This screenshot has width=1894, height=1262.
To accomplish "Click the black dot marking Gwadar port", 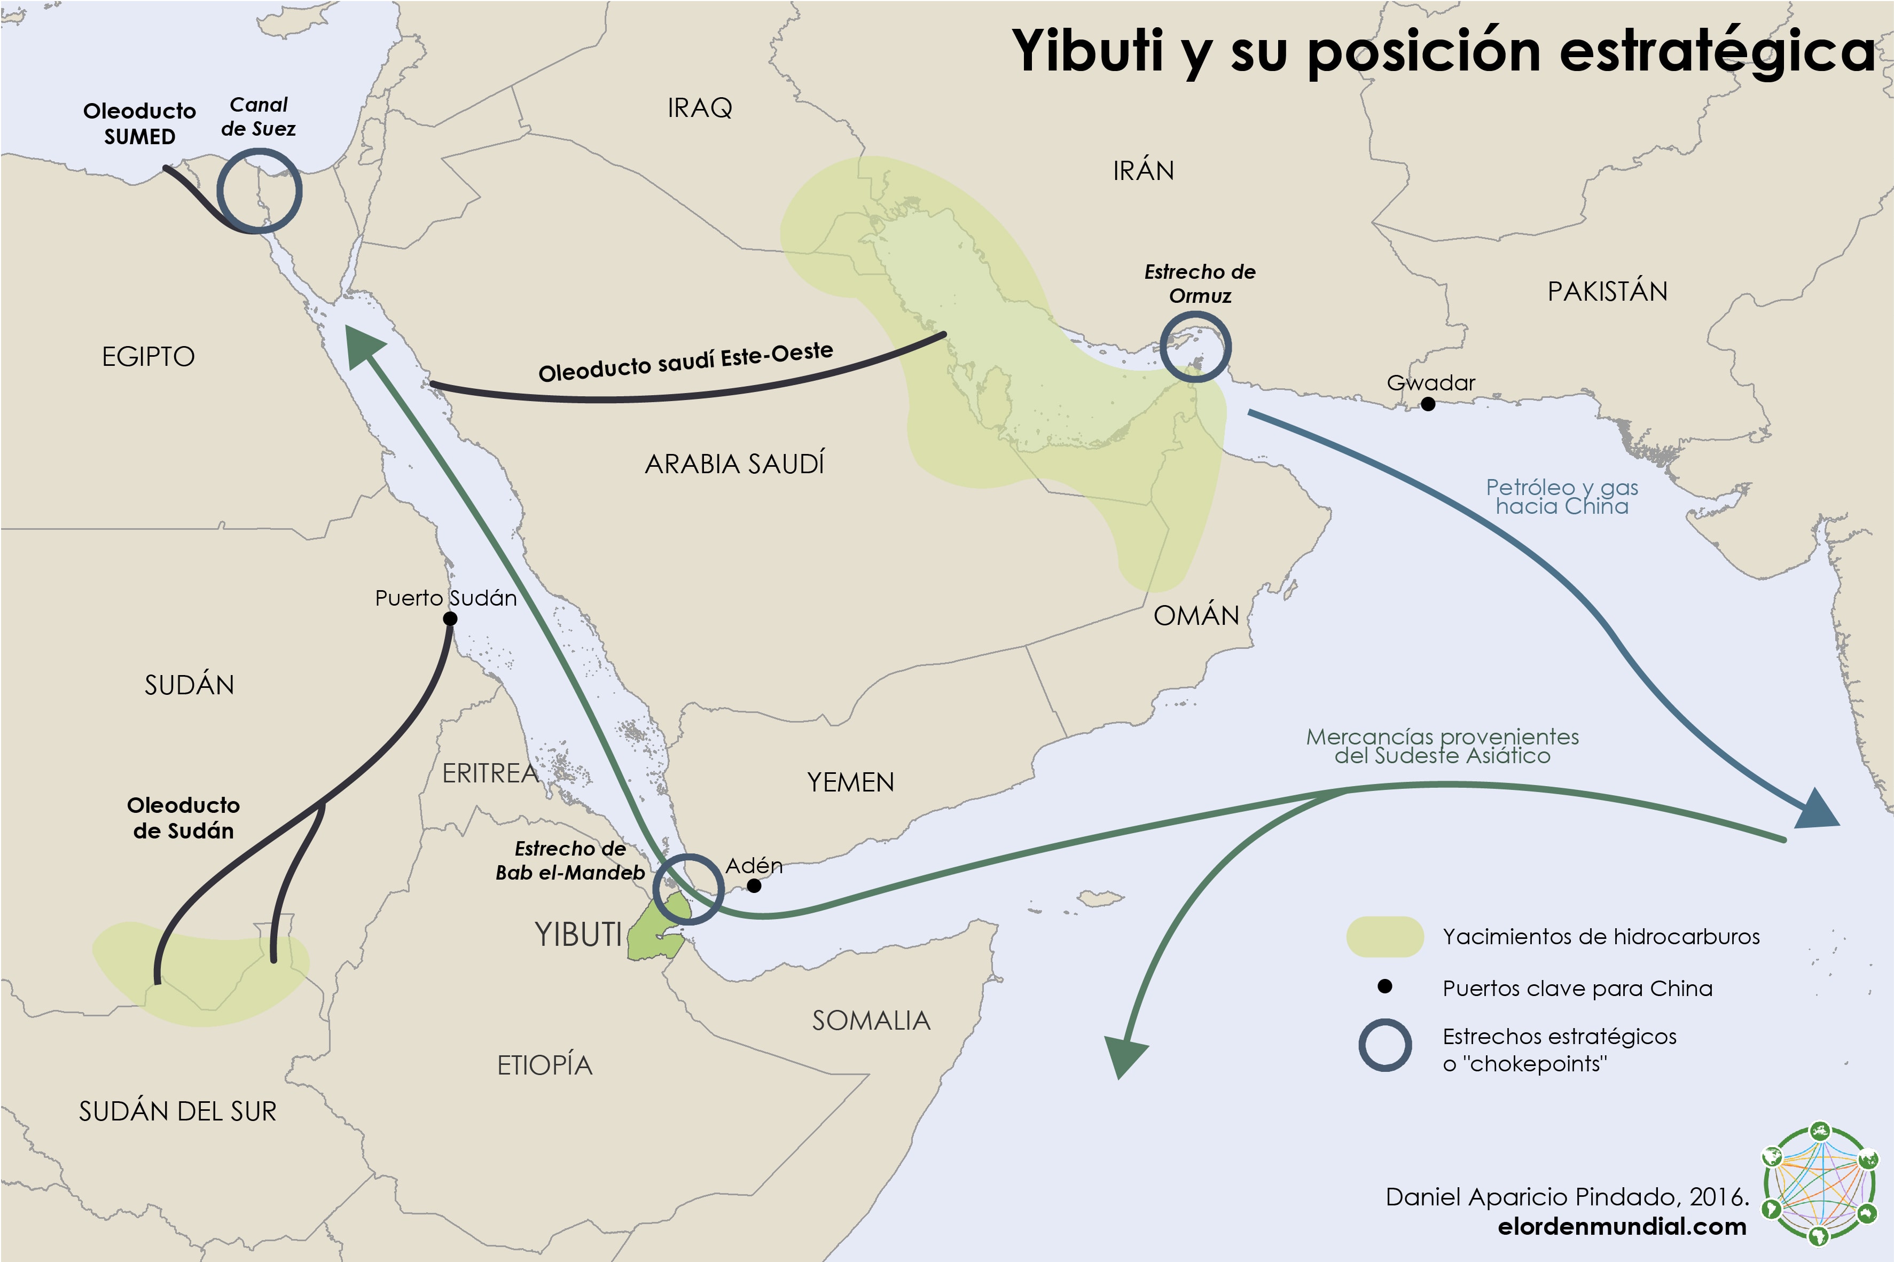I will point(1427,404).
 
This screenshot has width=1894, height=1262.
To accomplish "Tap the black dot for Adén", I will point(754,885).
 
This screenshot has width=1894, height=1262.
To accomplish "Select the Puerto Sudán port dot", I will point(450,618).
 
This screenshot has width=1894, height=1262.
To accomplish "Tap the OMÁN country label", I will point(1196,616).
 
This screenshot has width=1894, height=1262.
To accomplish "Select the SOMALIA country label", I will point(871,1021).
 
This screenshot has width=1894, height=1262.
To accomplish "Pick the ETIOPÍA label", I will point(545,1065).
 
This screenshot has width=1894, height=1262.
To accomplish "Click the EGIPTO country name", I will point(148,357).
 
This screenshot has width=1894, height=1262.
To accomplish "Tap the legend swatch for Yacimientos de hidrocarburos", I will point(1384,937).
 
